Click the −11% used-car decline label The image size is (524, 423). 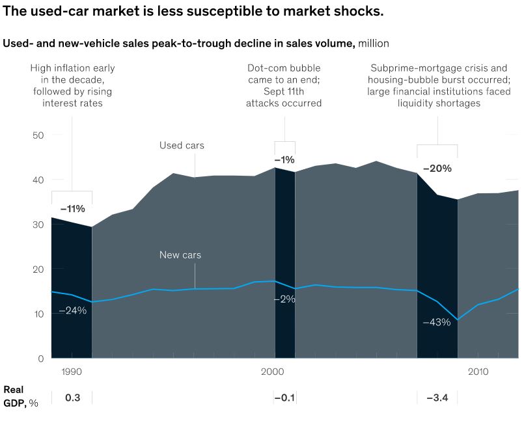pos(72,209)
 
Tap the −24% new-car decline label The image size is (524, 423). pos(72,310)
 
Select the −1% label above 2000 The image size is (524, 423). pos(284,159)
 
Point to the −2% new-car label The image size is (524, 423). pos(284,299)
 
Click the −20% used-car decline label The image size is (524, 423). pos(437,168)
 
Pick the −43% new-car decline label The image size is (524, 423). pos(436,322)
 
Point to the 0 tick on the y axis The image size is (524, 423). pos(40,359)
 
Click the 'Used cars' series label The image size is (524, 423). pos(182,145)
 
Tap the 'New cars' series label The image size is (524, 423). pos(180,255)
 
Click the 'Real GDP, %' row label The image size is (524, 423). pos(20,396)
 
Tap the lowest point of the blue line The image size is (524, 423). pos(458,320)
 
